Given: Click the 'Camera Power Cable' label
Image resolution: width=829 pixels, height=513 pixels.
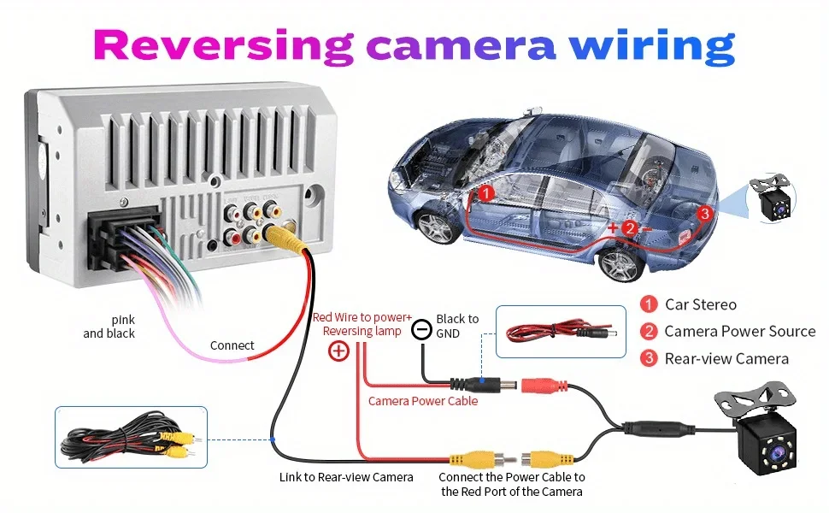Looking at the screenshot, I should (423, 400).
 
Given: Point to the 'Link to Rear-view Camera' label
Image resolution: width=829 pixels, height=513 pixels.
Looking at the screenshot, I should (346, 477).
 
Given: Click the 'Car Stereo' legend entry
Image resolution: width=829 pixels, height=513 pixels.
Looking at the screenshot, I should (701, 304).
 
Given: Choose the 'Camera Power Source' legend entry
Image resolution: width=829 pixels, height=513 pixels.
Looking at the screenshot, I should (739, 331).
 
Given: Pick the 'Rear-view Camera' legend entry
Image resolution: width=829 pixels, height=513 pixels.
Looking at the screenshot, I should (726, 358).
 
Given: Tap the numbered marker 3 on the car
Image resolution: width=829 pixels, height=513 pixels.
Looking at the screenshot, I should (704, 213).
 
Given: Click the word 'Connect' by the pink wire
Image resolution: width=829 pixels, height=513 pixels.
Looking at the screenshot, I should (232, 345).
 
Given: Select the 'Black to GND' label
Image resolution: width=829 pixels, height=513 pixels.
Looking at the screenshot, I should (457, 326).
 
